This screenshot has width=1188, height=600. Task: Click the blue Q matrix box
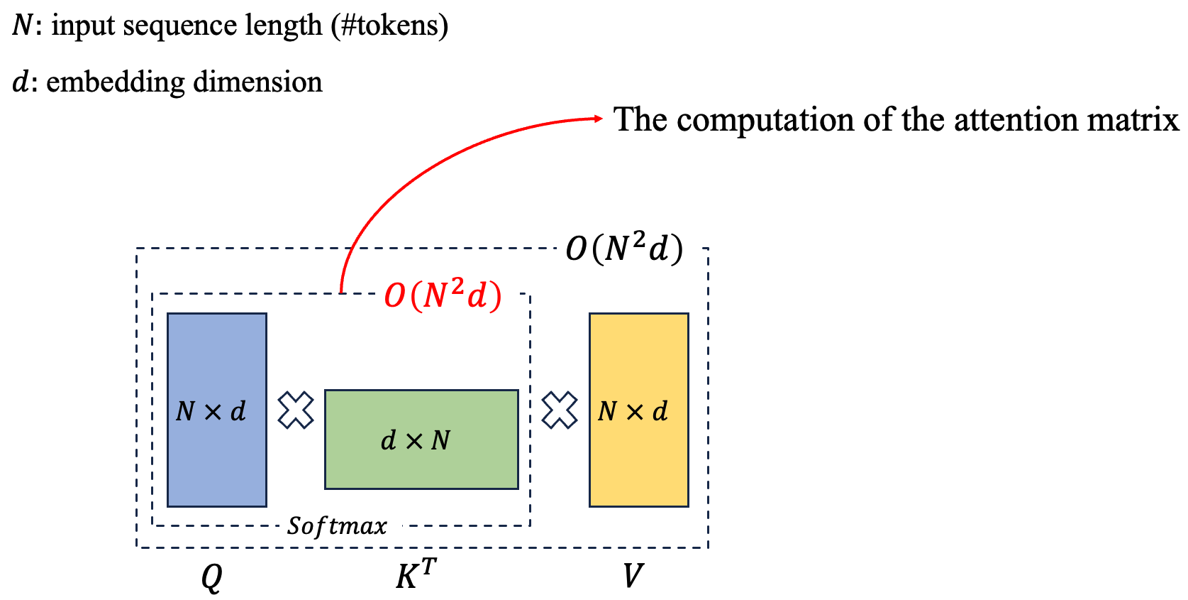click(x=216, y=410)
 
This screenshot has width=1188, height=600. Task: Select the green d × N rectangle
click(x=421, y=440)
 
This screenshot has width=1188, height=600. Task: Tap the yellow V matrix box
click(x=638, y=410)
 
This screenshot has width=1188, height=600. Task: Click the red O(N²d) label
click(x=443, y=294)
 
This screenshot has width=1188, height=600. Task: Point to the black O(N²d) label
click(x=624, y=249)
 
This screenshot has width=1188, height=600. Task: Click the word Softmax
click(x=337, y=526)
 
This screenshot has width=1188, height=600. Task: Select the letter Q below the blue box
click(x=211, y=577)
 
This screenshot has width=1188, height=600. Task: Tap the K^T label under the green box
click(x=416, y=574)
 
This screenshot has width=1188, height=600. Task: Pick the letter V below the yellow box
click(x=632, y=575)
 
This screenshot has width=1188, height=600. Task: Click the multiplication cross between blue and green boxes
click(x=296, y=410)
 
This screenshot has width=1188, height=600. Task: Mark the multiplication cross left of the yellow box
click(x=560, y=410)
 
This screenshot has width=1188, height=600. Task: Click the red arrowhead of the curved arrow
click(x=597, y=119)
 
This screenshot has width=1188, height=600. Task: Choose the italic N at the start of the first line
click(x=22, y=26)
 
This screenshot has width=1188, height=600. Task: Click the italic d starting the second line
click(x=21, y=82)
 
